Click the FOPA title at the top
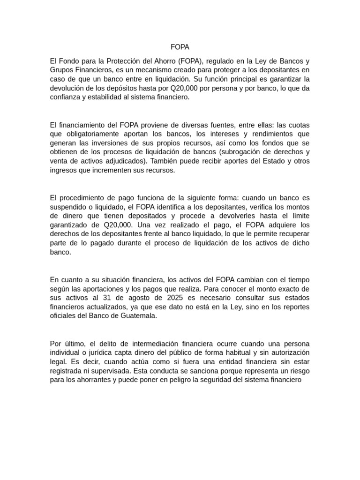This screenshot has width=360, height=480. pyautogui.click(x=180, y=47)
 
